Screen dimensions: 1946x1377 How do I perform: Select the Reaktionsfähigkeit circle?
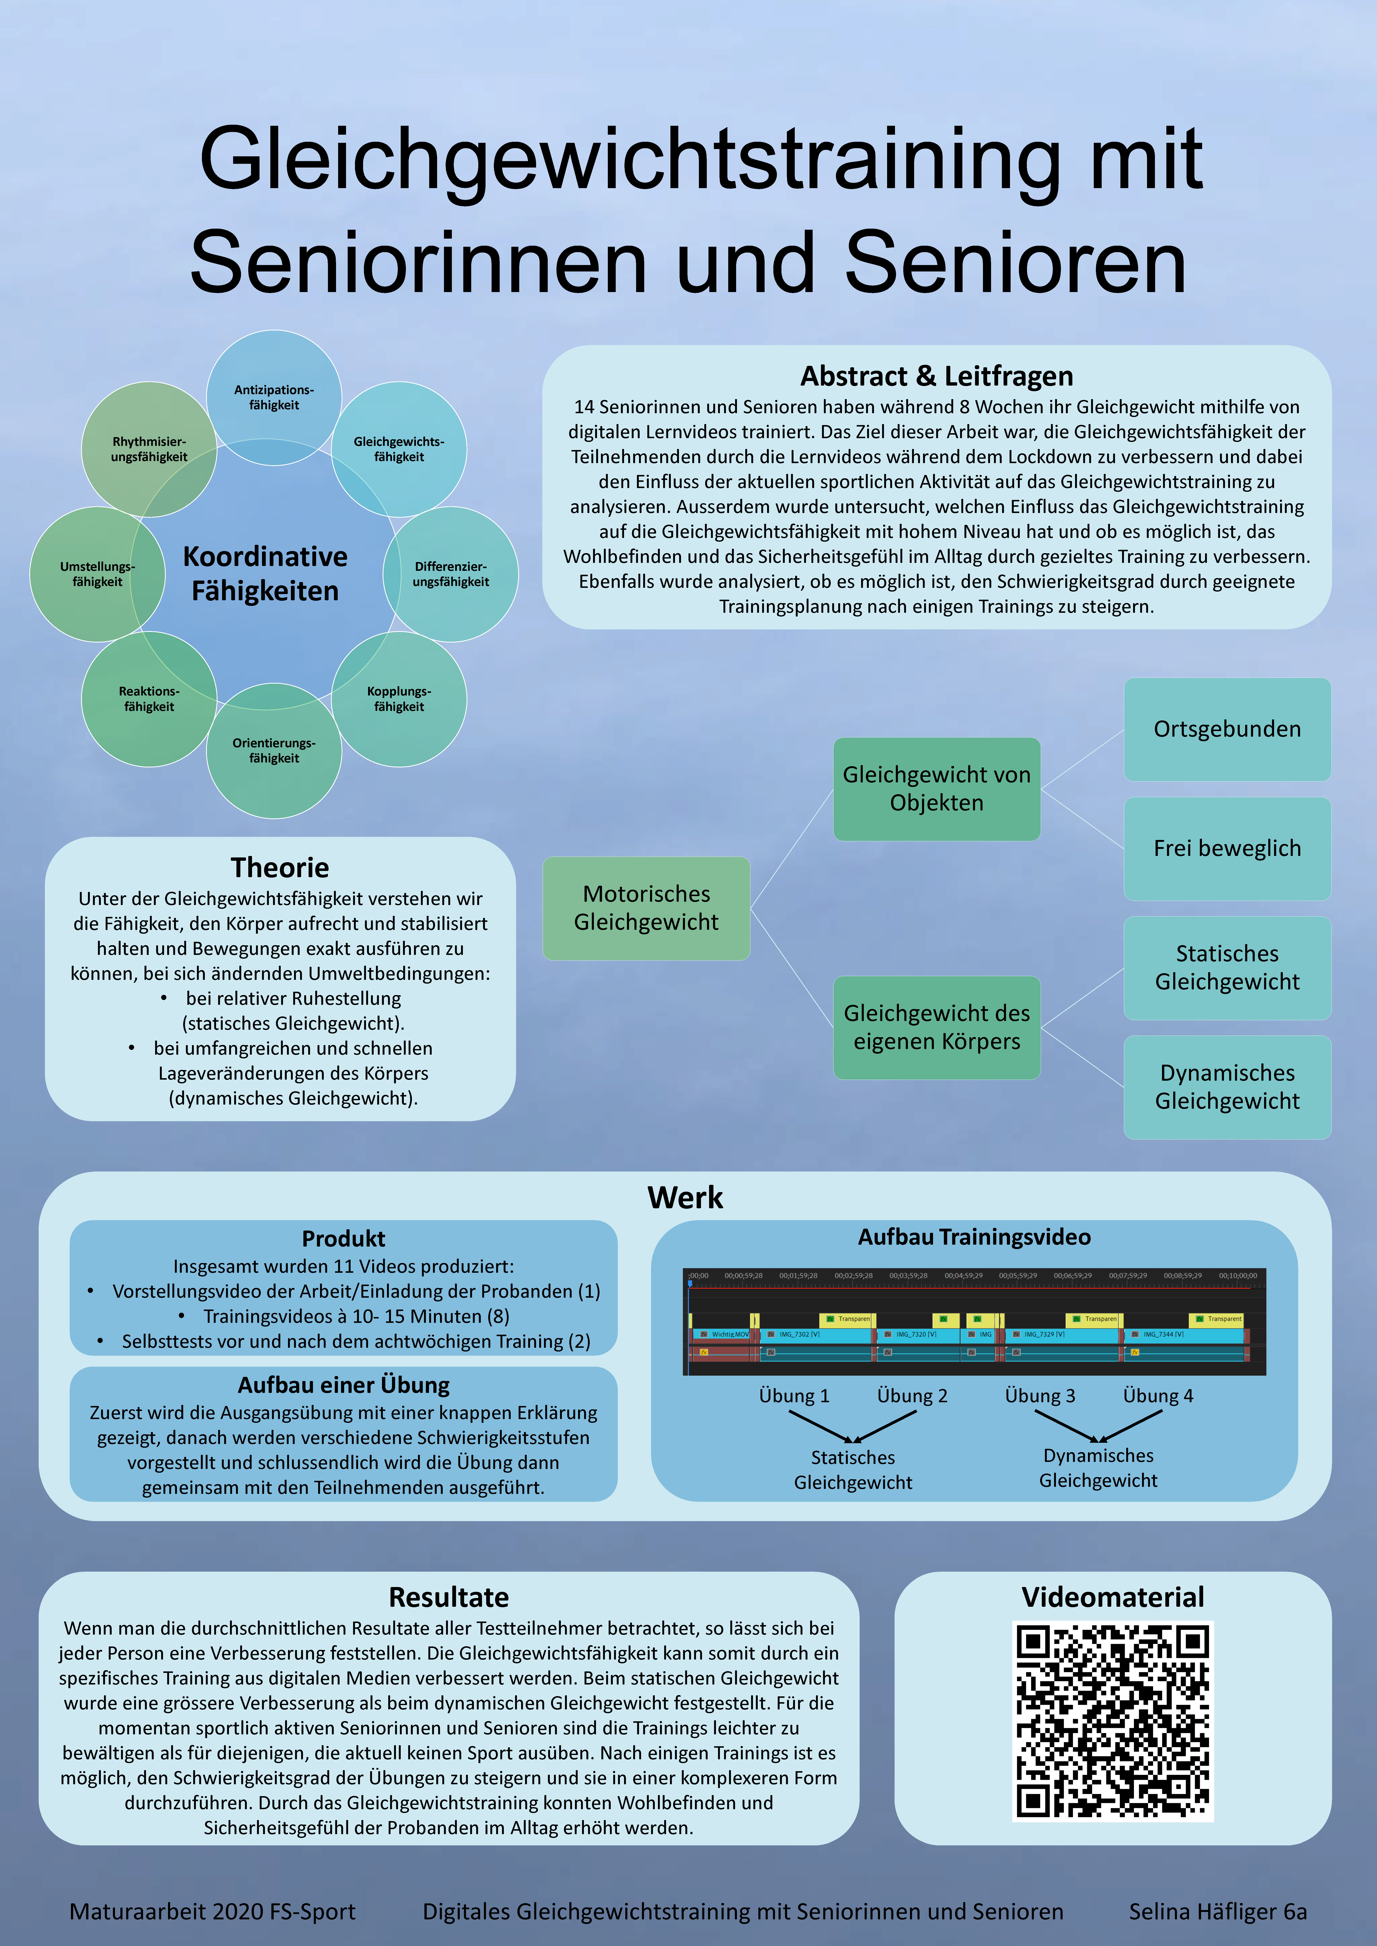(149, 699)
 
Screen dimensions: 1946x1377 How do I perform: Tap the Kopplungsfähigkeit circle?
(398, 699)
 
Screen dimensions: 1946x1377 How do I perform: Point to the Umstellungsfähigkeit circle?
(98, 574)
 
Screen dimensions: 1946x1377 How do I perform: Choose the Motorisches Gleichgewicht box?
(646, 908)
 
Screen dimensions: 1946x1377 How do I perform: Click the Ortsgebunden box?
(1227, 729)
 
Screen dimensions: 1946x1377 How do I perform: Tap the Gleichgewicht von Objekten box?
(936, 788)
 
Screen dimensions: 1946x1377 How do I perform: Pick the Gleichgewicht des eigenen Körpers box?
(936, 1027)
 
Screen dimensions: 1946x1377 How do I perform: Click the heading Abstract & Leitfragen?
(936, 375)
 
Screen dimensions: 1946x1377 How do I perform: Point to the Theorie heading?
(280, 867)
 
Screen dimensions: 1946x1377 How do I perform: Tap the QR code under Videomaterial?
(1112, 1720)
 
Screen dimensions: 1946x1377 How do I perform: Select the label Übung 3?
(1040, 1395)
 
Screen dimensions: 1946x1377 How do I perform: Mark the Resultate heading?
(449, 1597)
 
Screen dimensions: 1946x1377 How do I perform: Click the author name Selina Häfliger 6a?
(1218, 1911)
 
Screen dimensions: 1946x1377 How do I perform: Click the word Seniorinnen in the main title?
(418, 263)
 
